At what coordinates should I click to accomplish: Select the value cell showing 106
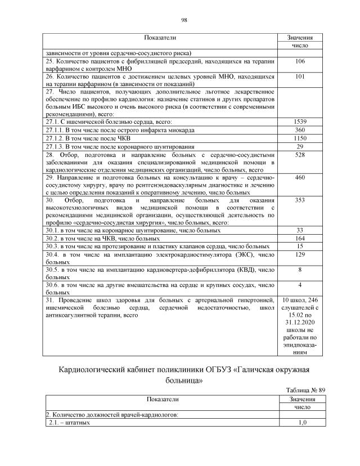tap(300, 61)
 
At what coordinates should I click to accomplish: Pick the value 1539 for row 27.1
tap(300, 122)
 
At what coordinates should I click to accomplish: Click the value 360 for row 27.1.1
tap(300, 130)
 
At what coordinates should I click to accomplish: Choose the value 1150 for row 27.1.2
tap(300, 138)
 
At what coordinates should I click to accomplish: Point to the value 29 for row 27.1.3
tap(300, 146)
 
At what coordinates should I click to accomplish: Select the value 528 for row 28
tap(300, 154)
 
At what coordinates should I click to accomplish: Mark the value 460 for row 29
tap(300, 177)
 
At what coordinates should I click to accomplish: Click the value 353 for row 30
tap(300, 200)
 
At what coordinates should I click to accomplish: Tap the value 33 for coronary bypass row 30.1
tap(300, 230)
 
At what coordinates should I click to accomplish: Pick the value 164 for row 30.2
tap(300, 238)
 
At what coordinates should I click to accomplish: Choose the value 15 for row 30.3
tap(300, 246)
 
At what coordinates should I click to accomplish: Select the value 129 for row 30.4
tap(300, 254)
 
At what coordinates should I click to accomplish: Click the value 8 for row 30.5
tap(300, 270)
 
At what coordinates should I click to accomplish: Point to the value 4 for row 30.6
tap(300, 285)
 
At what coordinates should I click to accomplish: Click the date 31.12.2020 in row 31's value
tap(300, 323)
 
